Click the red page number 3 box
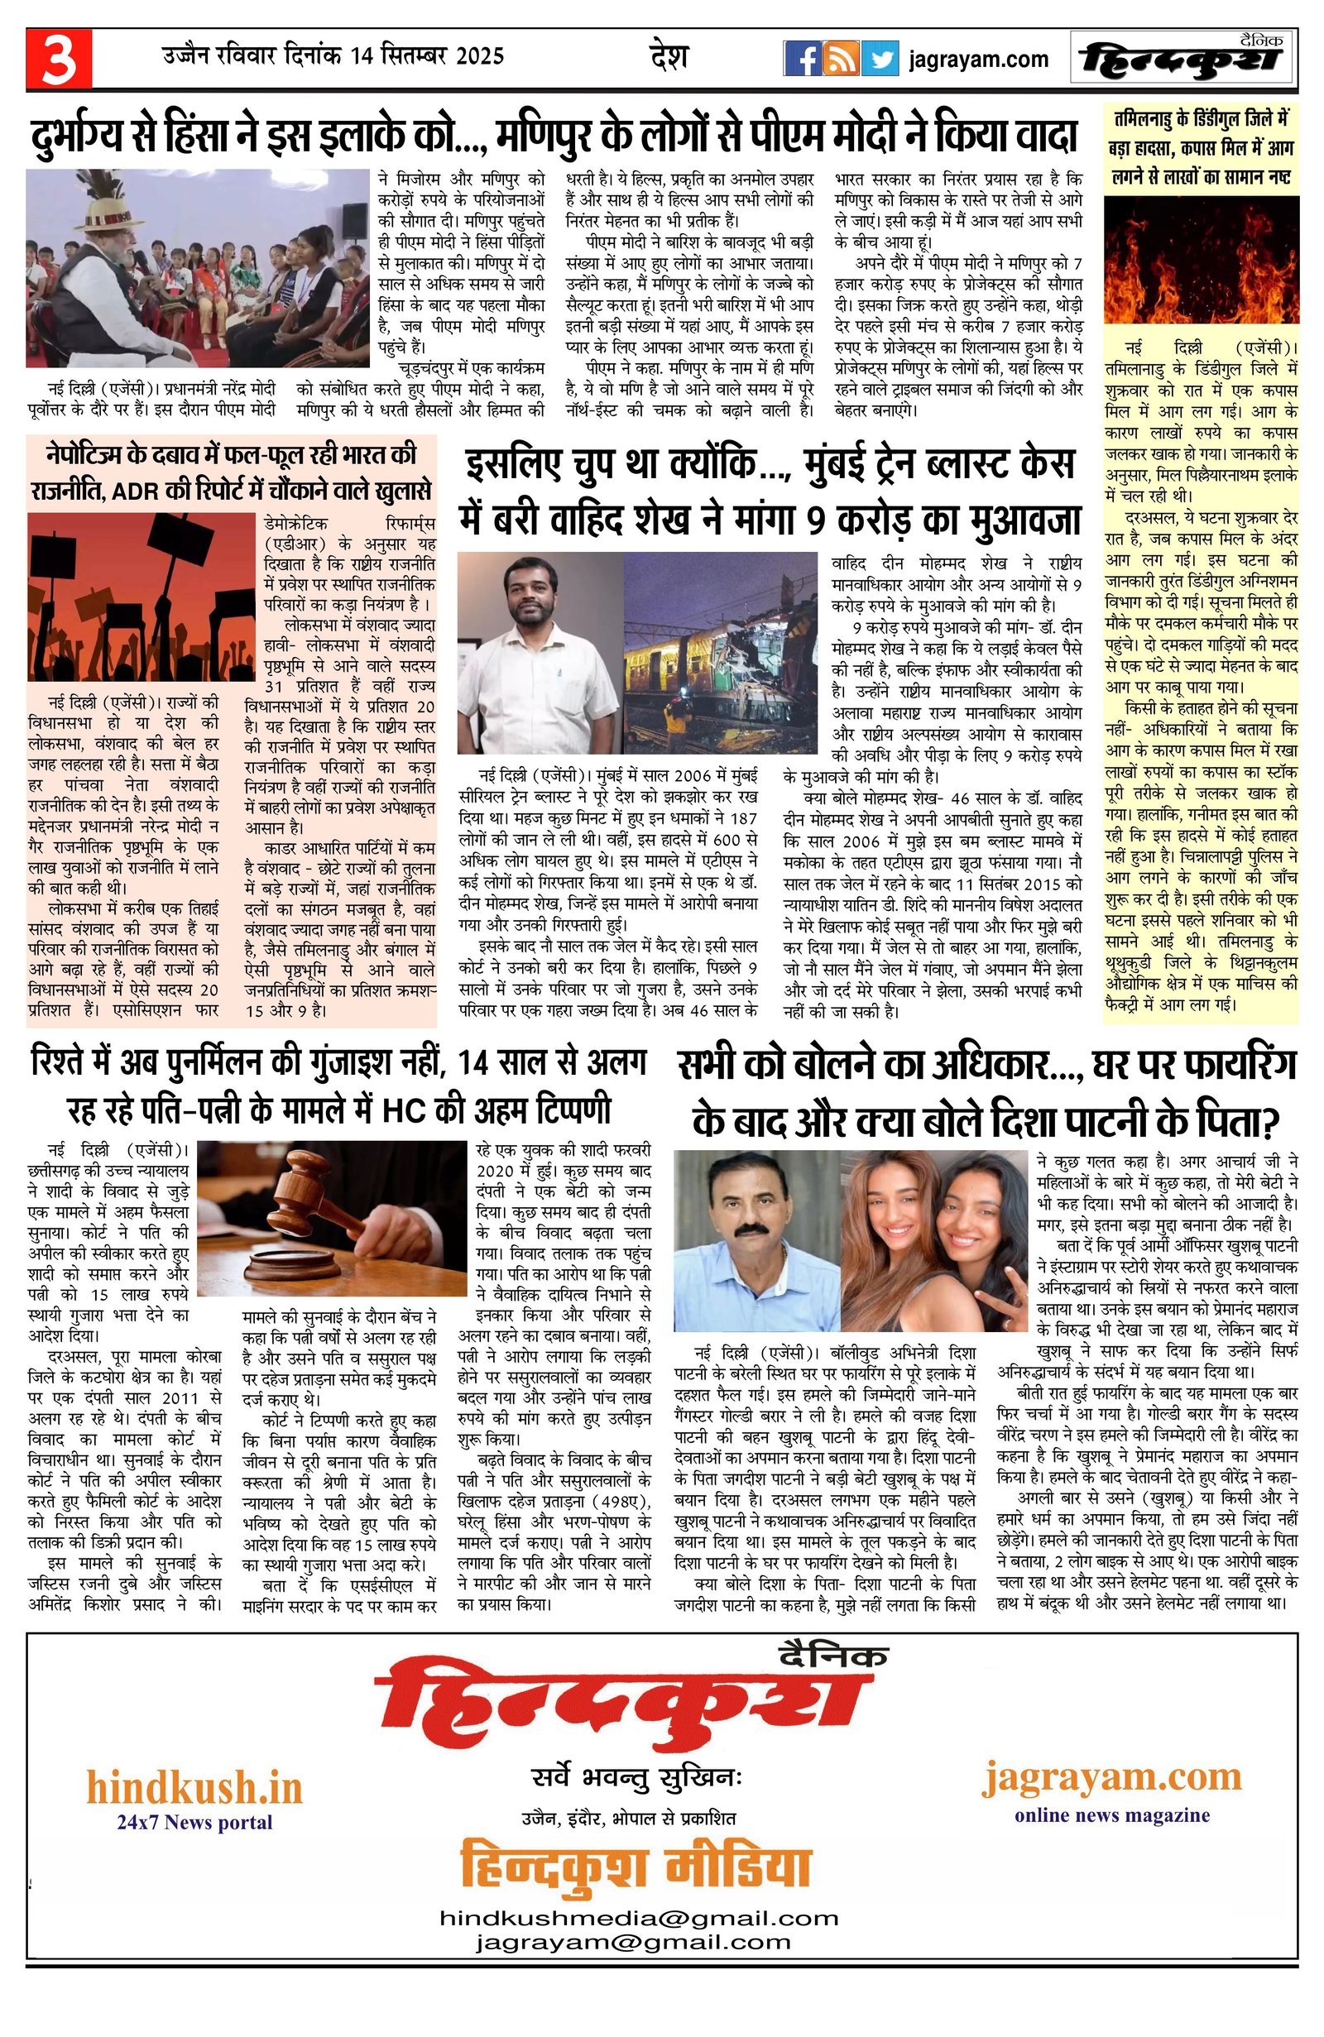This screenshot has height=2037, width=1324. click(x=58, y=59)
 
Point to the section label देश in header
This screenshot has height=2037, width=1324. click(x=669, y=58)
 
